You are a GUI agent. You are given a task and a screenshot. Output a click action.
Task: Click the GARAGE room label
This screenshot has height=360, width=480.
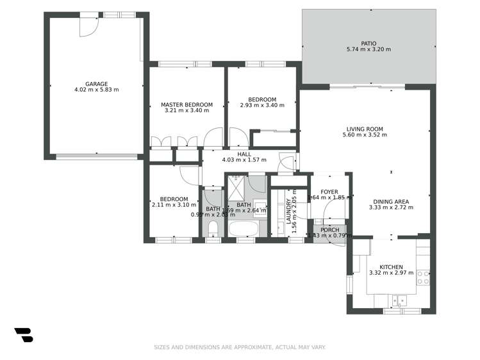tap(96, 84)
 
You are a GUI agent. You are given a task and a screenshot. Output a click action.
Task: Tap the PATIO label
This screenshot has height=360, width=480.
tap(368, 42)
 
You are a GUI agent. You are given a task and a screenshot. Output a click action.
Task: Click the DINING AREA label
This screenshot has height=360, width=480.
tap(390, 202)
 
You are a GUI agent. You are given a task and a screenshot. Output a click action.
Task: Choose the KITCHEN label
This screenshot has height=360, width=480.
tap(391, 267)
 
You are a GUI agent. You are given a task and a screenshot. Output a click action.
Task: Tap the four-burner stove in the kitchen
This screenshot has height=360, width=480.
tap(423, 277)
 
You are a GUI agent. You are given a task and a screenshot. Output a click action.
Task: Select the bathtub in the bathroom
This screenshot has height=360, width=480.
tap(243, 229)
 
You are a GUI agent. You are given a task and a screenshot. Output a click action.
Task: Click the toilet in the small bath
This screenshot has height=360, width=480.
tap(213, 229)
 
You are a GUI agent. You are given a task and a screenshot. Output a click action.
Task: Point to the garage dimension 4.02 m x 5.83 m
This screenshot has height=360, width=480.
tap(96, 90)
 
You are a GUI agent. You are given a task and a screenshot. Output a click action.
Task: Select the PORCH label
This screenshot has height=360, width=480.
tap(330, 230)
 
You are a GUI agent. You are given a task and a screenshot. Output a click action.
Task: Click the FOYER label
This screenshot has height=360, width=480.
tap(329, 192)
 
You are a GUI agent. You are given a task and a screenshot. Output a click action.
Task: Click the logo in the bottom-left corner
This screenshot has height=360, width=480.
tap(24, 334)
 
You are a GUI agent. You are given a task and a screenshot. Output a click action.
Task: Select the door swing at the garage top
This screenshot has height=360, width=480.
tap(88, 26)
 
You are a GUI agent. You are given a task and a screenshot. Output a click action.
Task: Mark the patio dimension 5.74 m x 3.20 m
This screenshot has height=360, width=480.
tap(368, 49)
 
